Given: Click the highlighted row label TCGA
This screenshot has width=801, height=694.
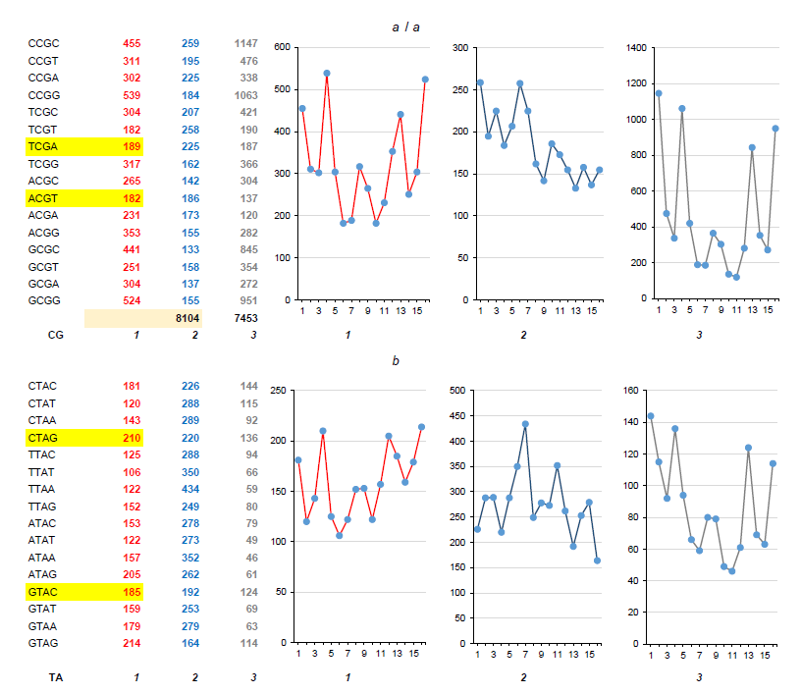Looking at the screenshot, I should pyautogui.click(x=43, y=147).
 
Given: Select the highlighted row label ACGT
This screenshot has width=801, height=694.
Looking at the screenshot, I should pyautogui.click(x=43, y=198).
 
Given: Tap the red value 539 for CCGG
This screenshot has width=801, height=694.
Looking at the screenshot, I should pyautogui.click(x=132, y=95).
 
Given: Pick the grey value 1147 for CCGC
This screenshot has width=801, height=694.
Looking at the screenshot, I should pyautogui.click(x=244, y=44).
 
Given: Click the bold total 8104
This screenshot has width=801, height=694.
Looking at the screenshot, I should pyautogui.click(x=187, y=318).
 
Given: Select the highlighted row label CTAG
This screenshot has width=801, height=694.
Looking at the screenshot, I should pyautogui.click(x=43, y=438).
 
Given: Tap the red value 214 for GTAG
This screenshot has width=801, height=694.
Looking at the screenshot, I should pyautogui.click(x=132, y=643).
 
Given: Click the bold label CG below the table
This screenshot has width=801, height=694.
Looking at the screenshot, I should pyautogui.click(x=56, y=335).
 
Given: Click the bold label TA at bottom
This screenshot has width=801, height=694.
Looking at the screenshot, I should pyautogui.click(x=56, y=677).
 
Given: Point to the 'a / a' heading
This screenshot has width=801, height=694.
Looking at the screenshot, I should pyautogui.click(x=405, y=27).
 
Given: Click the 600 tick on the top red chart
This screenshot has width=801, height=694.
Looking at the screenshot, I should pyautogui.click(x=282, y=47).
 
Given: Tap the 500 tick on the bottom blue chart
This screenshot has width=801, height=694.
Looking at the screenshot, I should pyautogui.click(x=458, y=391).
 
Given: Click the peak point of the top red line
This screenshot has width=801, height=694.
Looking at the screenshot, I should pyautogui.click(x=326, y=73).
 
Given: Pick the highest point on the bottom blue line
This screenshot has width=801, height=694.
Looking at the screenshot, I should pyautogui.click(x=525, y=424).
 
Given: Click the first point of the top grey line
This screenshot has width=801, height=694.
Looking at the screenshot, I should pyautogui.click(x=658, y=93).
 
